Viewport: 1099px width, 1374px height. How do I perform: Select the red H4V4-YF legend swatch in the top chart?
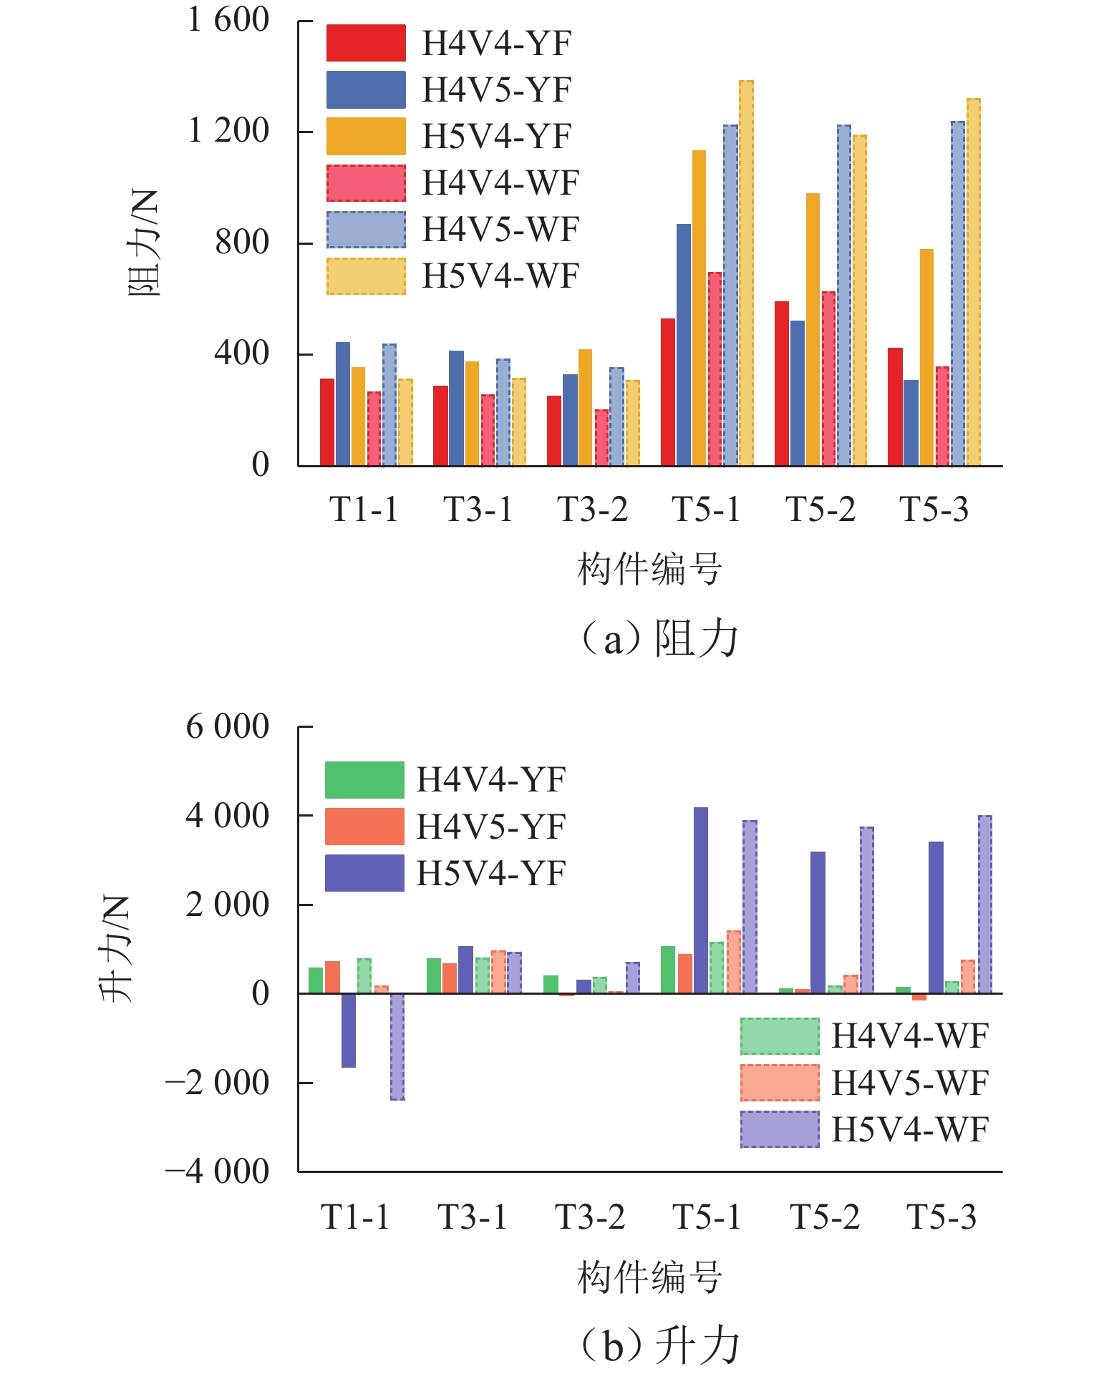366,43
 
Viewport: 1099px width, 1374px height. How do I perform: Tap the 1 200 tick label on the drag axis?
228,131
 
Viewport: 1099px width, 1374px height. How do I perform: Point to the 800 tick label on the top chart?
242,243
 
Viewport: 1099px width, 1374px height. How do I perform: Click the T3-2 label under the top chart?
592,510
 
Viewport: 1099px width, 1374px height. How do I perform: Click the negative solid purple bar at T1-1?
349,1030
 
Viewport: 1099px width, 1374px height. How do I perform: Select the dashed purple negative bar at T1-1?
397,1046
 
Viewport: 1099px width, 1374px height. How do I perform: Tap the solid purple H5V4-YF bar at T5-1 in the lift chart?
701,900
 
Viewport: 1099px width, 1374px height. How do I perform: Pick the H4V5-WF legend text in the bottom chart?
909,1083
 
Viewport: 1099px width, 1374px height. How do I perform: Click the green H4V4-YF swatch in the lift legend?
364,780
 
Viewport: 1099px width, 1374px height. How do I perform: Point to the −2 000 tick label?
218,1083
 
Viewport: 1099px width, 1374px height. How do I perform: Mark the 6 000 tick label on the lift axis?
228,727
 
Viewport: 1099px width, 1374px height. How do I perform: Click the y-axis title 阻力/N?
143,243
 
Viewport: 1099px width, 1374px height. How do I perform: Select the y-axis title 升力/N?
115,948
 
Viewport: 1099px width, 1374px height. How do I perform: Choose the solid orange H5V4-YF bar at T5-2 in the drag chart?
813,329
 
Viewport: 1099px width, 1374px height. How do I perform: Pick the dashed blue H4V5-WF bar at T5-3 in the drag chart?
958,293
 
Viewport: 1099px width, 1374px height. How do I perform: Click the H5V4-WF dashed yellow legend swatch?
366,276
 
